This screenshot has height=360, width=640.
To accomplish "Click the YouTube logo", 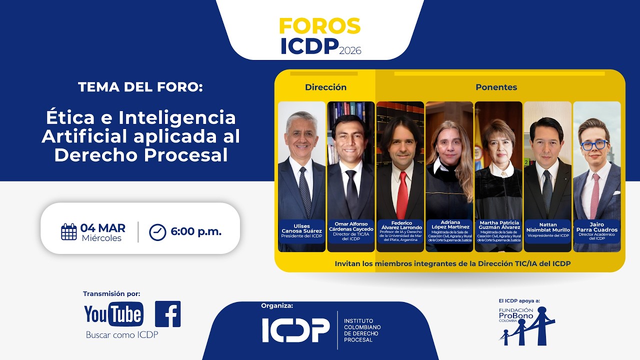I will click(113, 314).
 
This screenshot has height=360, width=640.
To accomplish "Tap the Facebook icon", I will click(167, 314).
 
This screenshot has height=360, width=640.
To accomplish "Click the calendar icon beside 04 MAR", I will click(69, 232).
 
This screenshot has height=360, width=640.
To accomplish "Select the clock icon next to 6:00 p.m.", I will click(157, 232).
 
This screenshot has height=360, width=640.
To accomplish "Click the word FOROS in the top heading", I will click(319, 26).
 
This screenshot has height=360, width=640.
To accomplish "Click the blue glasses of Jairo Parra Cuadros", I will click(594, 145).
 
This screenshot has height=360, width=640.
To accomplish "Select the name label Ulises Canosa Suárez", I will click(301, 230).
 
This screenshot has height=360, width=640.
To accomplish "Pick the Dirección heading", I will click(325, 87).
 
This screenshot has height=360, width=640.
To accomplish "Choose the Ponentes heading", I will click(496, 87).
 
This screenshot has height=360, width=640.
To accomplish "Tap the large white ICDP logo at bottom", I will click(296, 330).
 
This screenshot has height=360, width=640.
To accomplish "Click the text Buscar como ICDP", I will click(122, 335).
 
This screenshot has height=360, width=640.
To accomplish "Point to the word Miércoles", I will click(101, 238).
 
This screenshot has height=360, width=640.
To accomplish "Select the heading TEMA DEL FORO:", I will click(140, 87).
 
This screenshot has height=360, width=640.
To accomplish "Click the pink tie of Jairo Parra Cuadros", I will click(595, 195).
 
